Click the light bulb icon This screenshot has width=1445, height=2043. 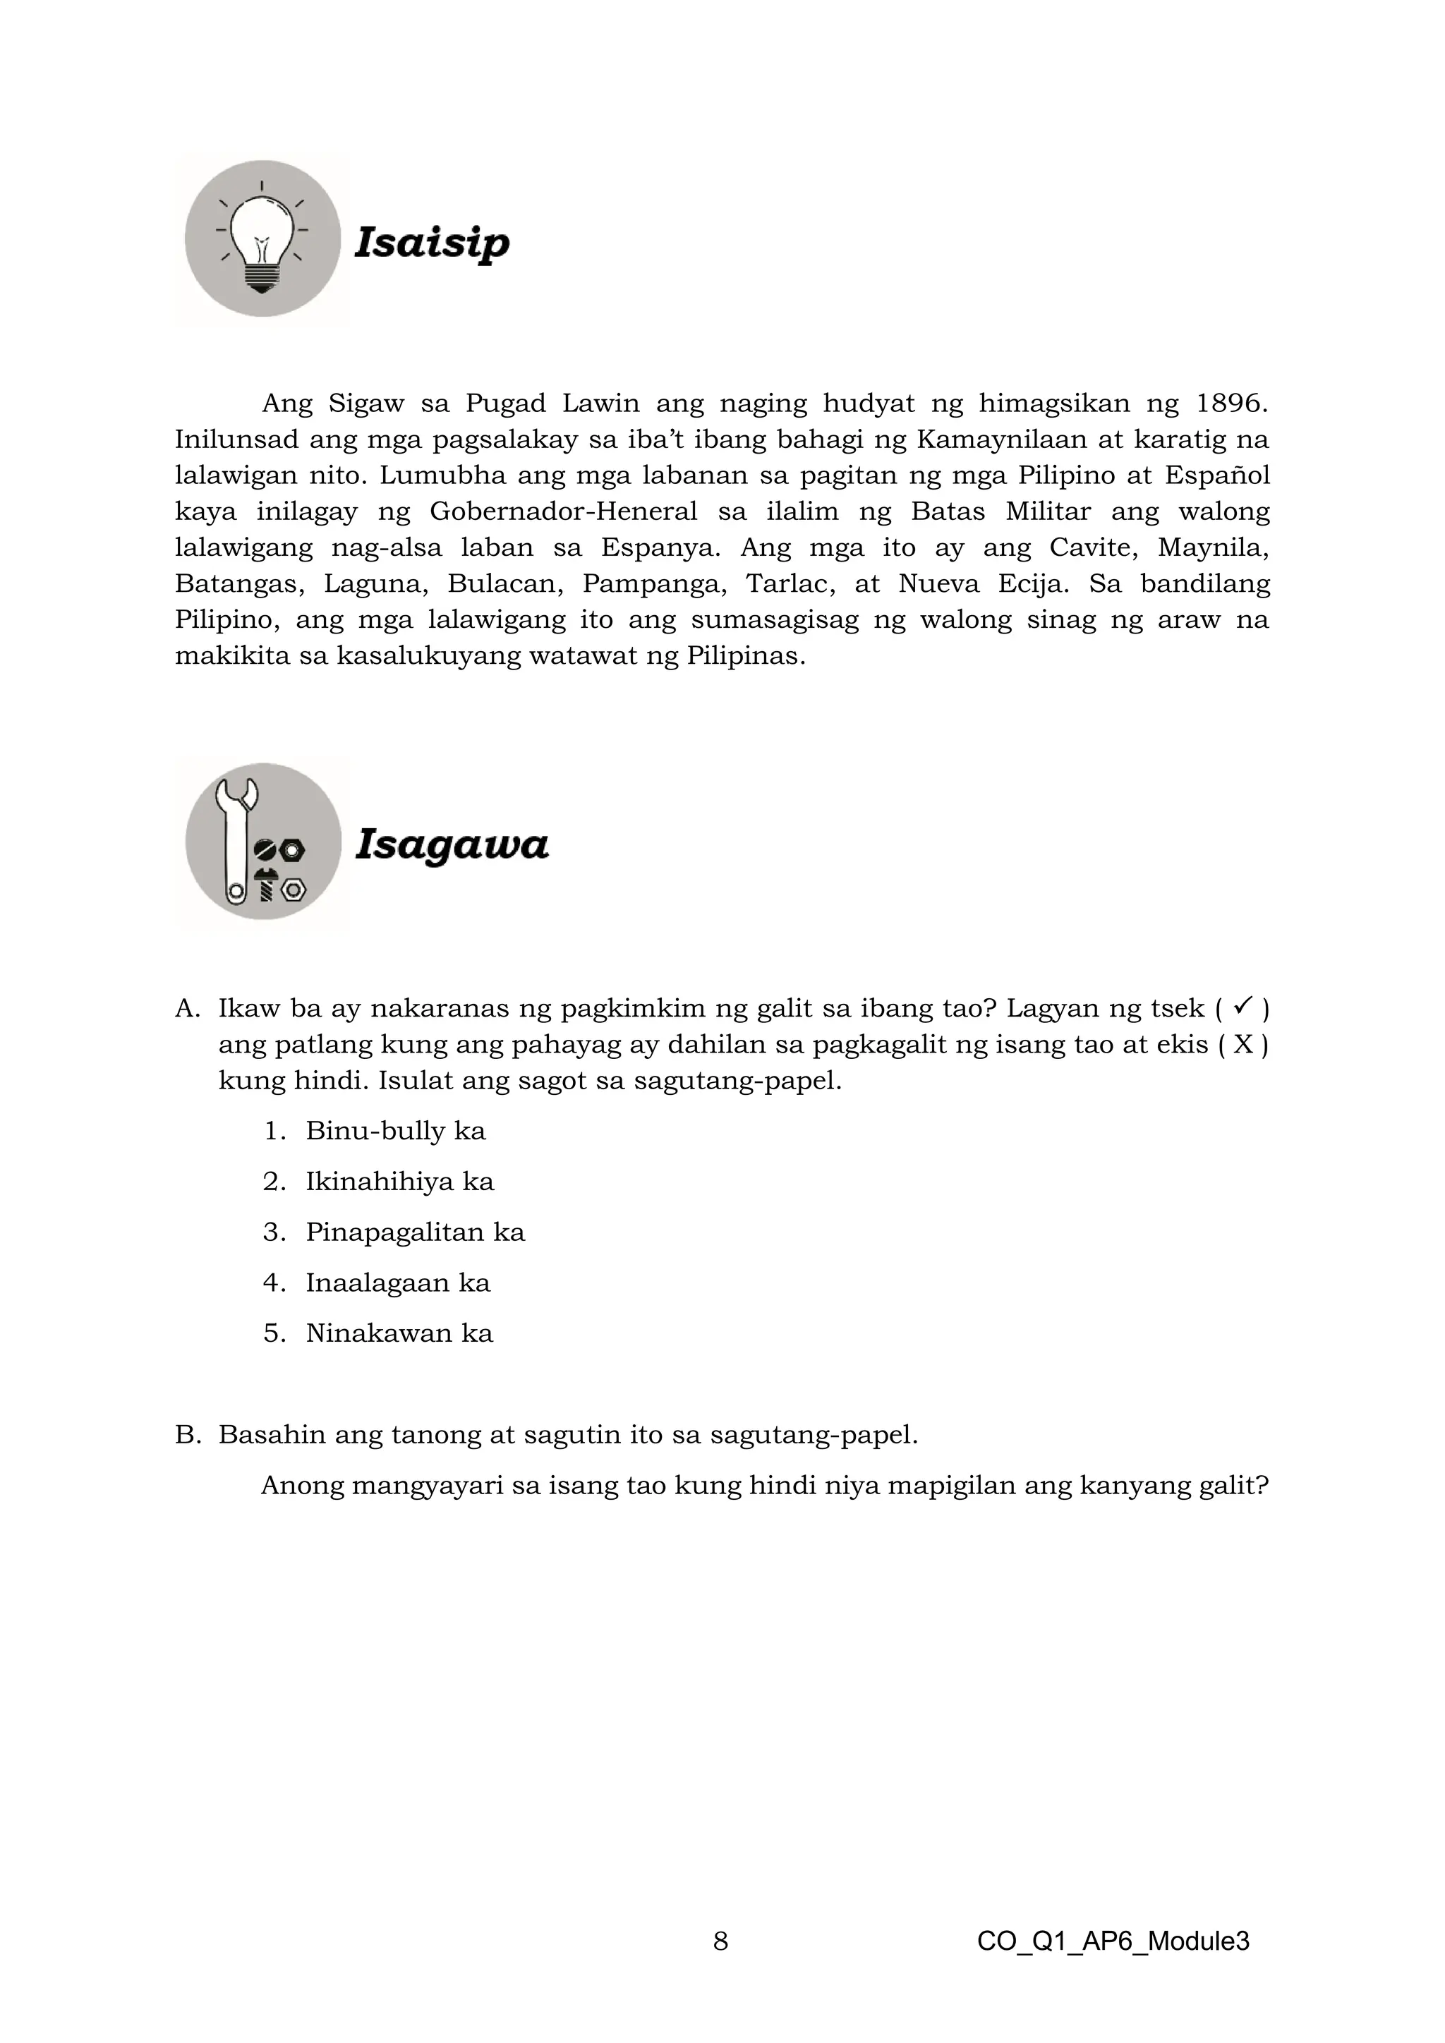point(262,238)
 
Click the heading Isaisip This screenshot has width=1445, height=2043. point(432,242)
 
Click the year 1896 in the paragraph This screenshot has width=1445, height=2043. point(1231,404)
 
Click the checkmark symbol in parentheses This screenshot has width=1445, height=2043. point(1243,1007)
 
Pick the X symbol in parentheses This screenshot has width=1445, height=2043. point(1243,1044)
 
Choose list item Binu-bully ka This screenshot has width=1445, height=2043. point(395,1131)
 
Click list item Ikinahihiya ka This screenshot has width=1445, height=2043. point(399,1182)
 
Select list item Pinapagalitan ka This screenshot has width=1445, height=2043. point(415,1232)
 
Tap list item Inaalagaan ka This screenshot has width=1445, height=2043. point(398,1283)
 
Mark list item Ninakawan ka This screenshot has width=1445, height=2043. point(399,1333)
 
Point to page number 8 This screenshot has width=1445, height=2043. point(720,1941)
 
